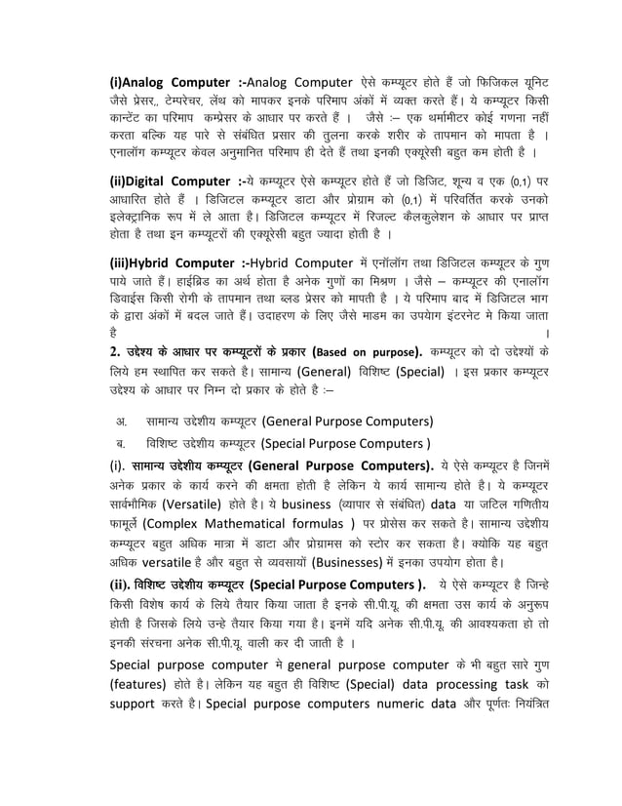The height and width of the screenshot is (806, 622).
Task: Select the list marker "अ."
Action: (x=122, y=421)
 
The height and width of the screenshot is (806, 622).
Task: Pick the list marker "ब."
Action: (x=122, y=443)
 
